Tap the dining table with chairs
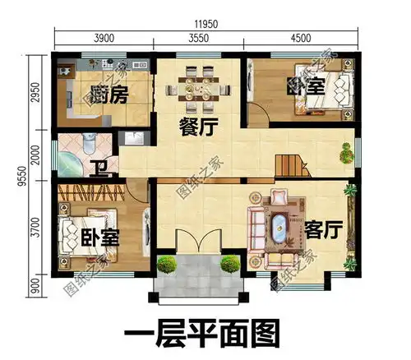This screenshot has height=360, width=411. click(197, 90)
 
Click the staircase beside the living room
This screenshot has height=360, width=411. click(289, 167)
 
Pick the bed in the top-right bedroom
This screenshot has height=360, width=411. click(312, 97)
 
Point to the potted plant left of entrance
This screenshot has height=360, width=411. click(167, 265)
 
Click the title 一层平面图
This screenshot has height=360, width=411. click(202, 335)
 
